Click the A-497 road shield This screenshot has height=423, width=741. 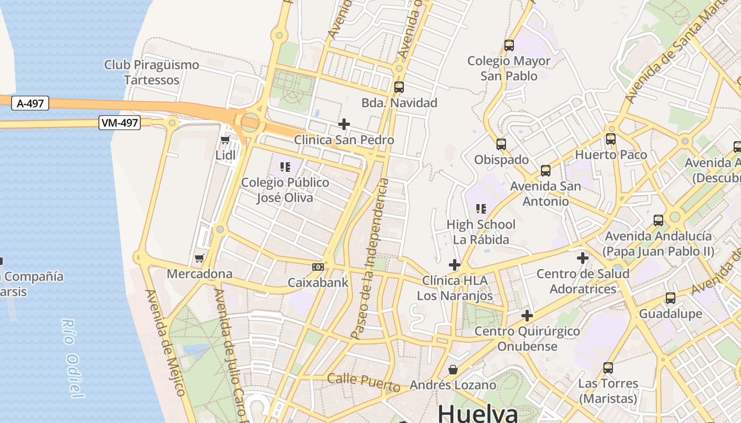(x=30, y=104)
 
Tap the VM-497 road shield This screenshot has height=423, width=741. (x=119, y=123)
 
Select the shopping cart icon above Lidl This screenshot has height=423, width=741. (x=225, y=140)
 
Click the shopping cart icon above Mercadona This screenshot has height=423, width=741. (x=200, y=259)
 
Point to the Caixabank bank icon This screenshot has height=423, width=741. (x=318, y=267)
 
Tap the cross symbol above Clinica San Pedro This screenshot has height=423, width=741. (x=344, y=124)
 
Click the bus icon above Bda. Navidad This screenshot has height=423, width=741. (x=399, y=87)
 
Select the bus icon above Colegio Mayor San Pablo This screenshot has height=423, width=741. (x=509, y=45)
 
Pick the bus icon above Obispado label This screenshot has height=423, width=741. (x=501, y=144)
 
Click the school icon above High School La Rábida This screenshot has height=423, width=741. (x=481, y=209)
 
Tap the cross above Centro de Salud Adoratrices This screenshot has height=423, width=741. (x=583, y=258)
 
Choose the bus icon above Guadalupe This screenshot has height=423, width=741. (x=671, y=298)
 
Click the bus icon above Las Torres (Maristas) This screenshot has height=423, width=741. (x=608, y=368)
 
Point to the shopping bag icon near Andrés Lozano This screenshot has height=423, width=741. (x=453, y=369)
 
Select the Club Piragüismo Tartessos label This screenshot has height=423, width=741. (x=151, y=72)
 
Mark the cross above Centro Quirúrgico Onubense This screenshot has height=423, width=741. (x=527, y=316)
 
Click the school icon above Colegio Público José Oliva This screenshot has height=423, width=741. (x=285, y=168)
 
